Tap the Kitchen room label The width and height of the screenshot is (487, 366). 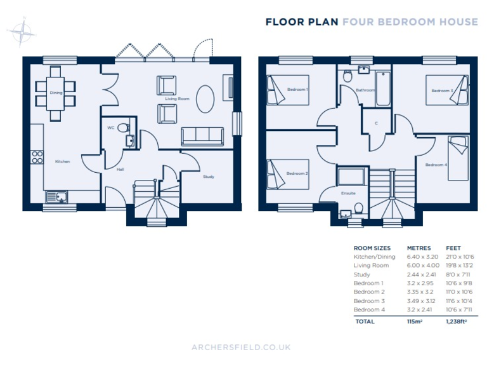click(x=62, y=161)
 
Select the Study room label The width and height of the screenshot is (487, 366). click(x=208, y=177)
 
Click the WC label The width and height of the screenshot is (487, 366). click(x=110, y=128)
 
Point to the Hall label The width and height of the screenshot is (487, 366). click(x=120, y=170)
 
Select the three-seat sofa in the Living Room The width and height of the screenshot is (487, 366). click(x=202, y=136)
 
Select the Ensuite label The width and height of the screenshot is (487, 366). click(x=348, y=193)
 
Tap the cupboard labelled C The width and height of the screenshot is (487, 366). click(x=376, y=123)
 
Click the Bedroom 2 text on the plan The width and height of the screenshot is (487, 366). click(x=297, y=173)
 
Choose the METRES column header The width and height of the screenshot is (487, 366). click(x=419, y=248)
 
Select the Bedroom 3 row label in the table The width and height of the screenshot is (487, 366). click(x=368, y=301)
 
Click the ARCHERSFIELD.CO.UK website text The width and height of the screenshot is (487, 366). click(x=241, y=347)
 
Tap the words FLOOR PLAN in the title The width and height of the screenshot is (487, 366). click(x=302, y=22)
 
